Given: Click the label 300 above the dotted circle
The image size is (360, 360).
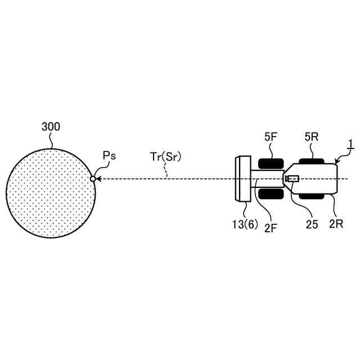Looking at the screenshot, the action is [51, 127].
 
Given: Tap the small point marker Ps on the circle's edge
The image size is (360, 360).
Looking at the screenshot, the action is [93, 179].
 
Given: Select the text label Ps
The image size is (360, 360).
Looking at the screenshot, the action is [109, 156].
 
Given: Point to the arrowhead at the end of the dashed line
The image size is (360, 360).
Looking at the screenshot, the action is [99, 179].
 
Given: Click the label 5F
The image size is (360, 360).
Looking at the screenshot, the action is [271, 137].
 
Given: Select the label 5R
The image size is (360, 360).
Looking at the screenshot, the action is [312, 137].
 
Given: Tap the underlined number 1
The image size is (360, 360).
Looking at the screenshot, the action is [349, 144].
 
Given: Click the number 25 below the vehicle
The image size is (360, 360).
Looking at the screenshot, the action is [312, 224].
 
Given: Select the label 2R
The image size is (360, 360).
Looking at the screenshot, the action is [336, 224].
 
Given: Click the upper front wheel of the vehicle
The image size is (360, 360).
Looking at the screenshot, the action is [271, 164].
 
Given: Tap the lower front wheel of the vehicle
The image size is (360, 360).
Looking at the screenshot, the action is [271, 194].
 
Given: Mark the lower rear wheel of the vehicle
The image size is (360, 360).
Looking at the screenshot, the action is [311, 196].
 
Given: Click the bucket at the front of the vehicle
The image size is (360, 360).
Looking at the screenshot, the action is [243, 179].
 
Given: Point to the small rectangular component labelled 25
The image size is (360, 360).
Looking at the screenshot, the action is [292, 179].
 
